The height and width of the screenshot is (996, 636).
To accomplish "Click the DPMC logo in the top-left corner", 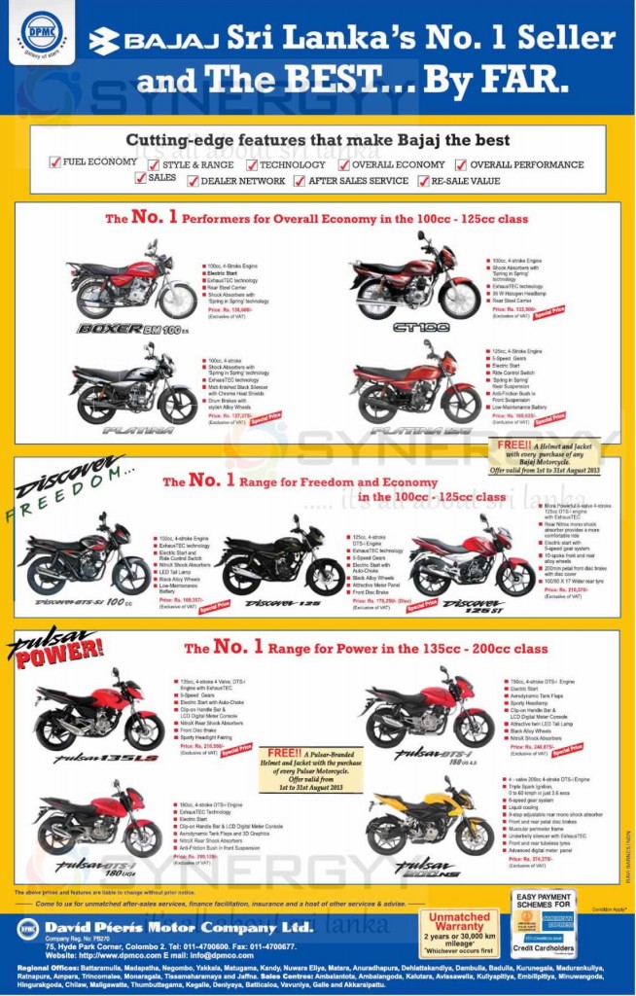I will click(36, 32).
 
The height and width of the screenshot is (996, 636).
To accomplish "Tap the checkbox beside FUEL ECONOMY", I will click(54, 162).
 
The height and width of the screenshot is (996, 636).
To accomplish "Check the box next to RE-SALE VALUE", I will click(424, 181).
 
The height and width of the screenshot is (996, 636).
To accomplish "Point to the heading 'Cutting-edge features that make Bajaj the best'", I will click(317, 140).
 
